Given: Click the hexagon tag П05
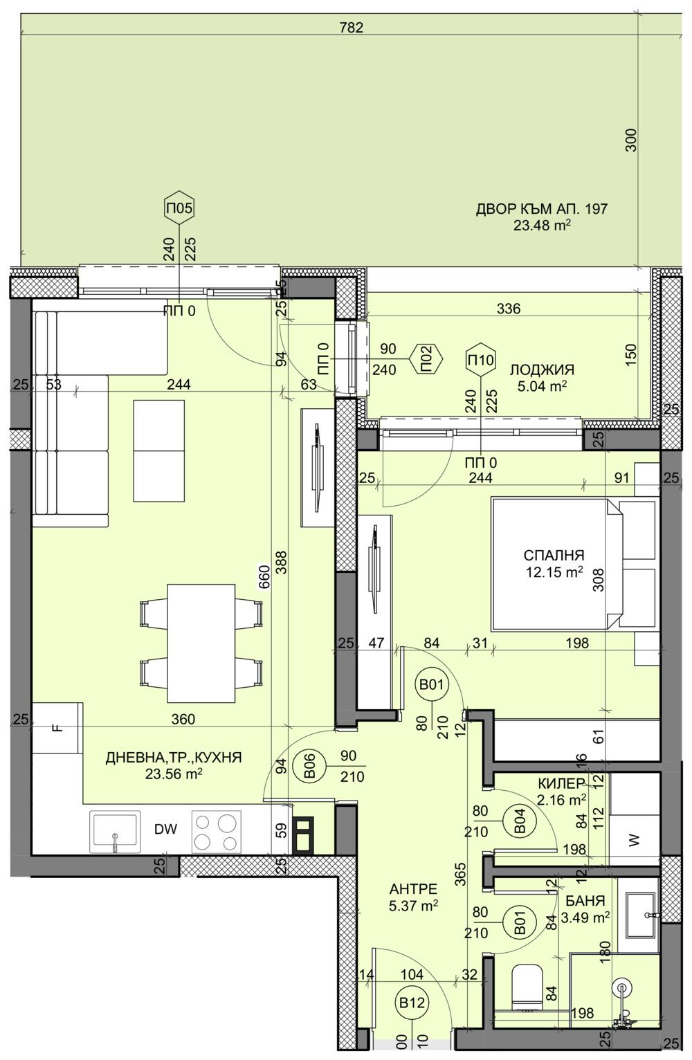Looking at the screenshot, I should pyautogui.click(x=180, y=207).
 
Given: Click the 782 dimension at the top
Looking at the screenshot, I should pyautogui.click(x=352, y=28).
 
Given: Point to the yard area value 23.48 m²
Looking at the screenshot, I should pyautogui.click(x=542, y=225).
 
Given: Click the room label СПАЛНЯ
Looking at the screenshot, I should pyautogui.click(x=554, y=555).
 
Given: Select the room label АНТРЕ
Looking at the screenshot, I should pyautogui.click(x=412, y=890).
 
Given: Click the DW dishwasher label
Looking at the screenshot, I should pyautogui.click(x=164, y=830).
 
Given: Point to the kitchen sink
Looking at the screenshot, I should pyautogui.click(x=114, y=831).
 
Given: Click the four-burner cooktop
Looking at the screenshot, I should pyautogui.click(x=215, y=831).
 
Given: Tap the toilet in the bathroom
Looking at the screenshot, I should pyautogui.click(x=529, y=983).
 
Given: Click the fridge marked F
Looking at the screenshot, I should pyautogui.click(x=57, y=728).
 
